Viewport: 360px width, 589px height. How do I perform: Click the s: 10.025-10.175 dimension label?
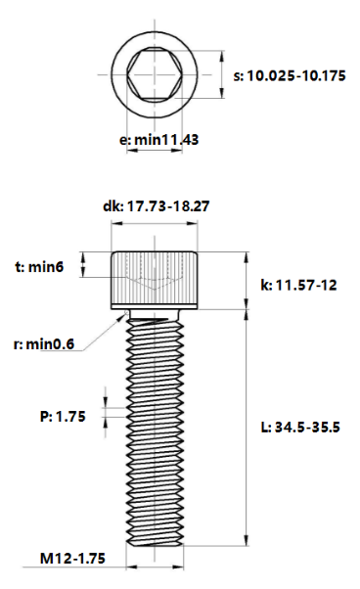click(x=290, y=76)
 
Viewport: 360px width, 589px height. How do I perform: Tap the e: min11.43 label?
click(x=158, y=140)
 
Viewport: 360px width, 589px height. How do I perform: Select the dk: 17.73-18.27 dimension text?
click(x=157, y=206)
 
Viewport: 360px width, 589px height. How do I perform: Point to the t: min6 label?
click(x=39, y=267)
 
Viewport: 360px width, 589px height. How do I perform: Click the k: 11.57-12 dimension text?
click(x=298, y=285)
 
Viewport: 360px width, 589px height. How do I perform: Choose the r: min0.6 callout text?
click(x=44, y=343)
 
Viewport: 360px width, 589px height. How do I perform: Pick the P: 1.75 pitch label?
click(x=63, y=416)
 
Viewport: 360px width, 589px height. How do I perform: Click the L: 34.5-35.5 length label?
click(x=300, y=428)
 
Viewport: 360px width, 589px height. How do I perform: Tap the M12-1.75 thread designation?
click(x=72, y=559)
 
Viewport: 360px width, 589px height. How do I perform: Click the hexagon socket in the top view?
click(x=155, y=74)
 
